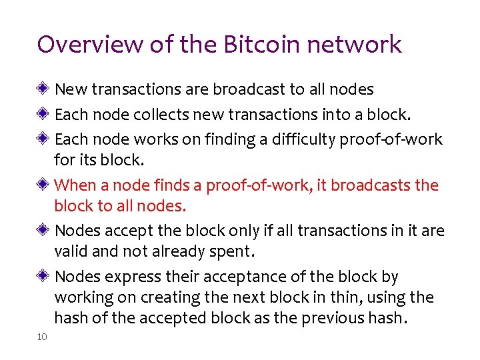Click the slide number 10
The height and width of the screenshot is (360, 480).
tap(42, 337)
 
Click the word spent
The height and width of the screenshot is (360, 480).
tap(233, 252)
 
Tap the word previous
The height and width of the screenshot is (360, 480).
tap(332, 318)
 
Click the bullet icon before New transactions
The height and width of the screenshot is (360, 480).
tap(43, 88)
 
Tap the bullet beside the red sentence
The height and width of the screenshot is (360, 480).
tap(43, 184)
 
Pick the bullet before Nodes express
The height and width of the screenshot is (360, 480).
tap(43, 275)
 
